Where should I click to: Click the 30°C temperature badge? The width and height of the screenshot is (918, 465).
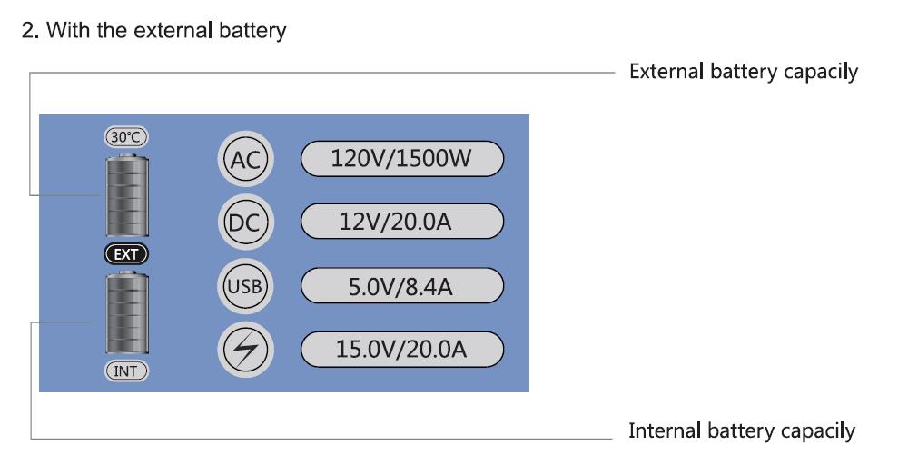126,136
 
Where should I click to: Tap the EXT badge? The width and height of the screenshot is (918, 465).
126,254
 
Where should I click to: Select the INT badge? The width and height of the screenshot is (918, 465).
126,371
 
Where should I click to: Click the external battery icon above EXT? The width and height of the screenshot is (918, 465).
127,195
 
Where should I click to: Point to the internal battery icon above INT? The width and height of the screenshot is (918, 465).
127,312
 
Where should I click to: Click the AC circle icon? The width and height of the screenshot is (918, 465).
245,159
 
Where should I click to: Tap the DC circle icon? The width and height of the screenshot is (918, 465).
245,222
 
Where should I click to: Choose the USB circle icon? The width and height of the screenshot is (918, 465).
245,286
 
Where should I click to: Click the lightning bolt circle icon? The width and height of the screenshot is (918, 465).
245,350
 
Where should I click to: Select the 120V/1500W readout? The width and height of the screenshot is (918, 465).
401,159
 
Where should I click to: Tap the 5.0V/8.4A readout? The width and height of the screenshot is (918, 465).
401,286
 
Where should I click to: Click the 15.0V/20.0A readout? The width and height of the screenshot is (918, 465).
401,350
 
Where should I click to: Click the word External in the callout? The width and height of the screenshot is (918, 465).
666,72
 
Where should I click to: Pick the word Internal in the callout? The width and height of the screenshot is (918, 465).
665,431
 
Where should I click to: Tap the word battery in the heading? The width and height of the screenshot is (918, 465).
252,31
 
